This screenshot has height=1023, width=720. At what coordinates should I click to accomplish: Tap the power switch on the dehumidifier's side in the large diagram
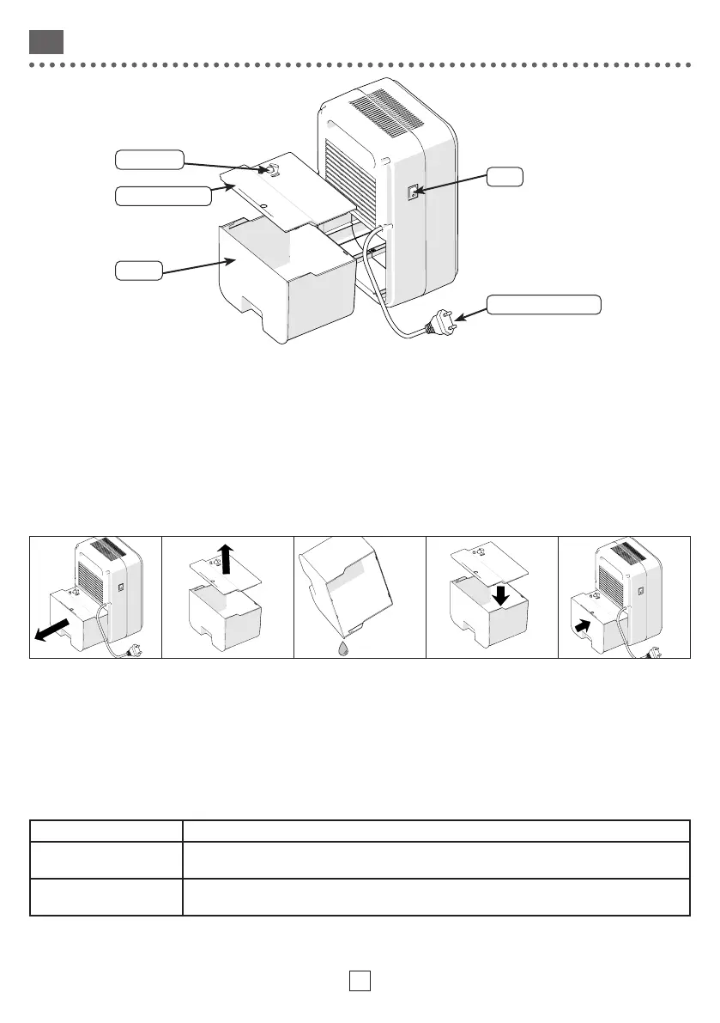[x=413, y=192]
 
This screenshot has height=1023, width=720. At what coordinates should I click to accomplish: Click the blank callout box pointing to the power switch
[x=504, y=177]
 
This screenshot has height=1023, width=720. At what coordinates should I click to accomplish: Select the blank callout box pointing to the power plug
[x=542, y=304]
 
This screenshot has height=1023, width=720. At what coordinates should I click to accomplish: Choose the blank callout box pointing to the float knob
[x=148, y=159]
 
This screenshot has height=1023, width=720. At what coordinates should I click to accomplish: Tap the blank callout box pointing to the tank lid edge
[x=162, y=196]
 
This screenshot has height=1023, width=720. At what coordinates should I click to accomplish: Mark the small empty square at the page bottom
[x=360, y=980]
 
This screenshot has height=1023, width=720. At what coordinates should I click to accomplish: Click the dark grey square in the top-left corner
[x=45, y=41]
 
